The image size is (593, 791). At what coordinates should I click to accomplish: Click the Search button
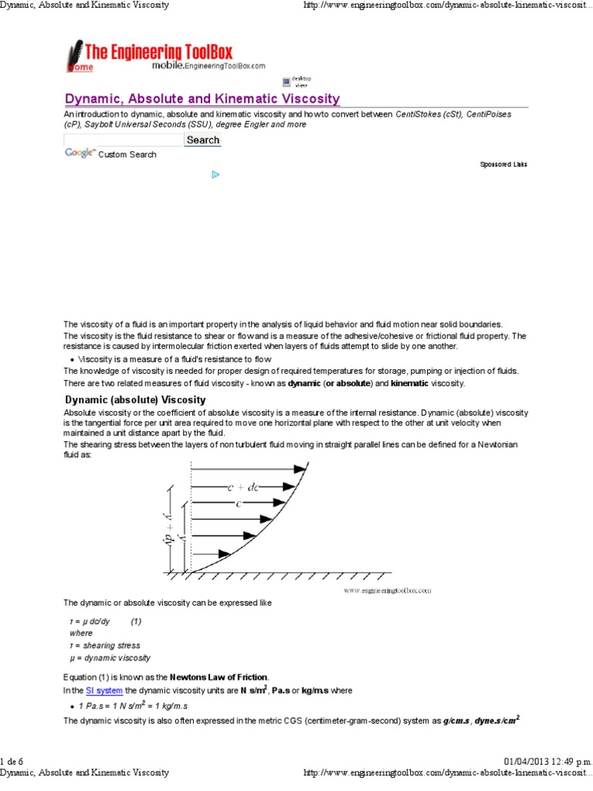click(203, 140)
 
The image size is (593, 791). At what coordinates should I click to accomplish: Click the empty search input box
click(123, 140)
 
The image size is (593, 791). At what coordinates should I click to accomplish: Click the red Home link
click(80, 67)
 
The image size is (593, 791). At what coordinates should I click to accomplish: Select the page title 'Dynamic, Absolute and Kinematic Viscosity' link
click(202, 99)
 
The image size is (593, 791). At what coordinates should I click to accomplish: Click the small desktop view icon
click(286, 80)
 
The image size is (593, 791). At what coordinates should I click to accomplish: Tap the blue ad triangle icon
click(216, 175)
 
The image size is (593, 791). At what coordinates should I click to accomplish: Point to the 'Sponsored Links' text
click(503, 165)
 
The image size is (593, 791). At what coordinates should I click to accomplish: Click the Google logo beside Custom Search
click(80, 154)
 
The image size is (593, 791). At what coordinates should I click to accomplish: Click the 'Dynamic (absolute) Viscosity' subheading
click(135, 400)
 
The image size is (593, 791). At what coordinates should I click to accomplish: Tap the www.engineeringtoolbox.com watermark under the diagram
click(387, 590)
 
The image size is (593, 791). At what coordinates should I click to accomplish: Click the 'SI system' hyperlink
click(103, 690)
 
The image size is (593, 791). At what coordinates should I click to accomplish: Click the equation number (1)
click(136, 621)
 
